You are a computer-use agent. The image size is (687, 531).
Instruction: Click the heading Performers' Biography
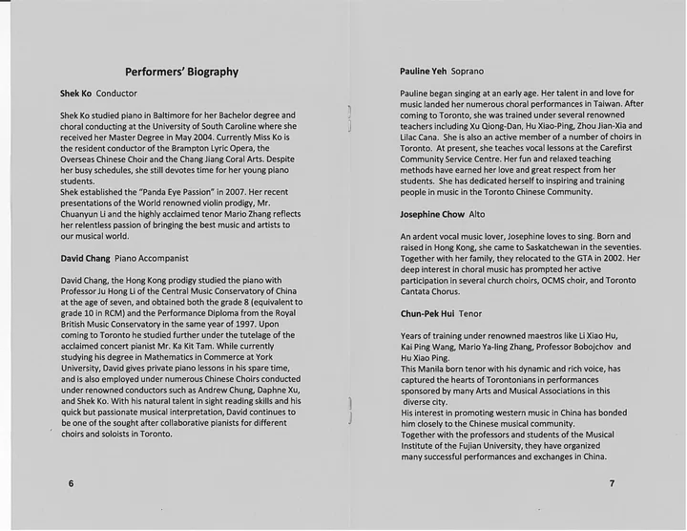181,71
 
